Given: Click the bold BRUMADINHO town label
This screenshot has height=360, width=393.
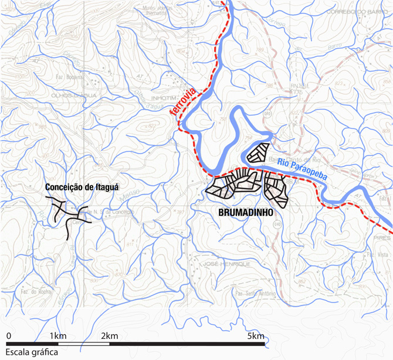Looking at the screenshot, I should (246, 215).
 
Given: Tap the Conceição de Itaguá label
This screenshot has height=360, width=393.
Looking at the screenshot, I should (82, 188).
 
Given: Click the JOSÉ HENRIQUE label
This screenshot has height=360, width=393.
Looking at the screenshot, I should (226, 264).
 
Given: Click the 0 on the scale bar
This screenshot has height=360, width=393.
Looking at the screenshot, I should (9, 335).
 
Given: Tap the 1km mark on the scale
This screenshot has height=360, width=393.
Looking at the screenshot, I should (57, 335).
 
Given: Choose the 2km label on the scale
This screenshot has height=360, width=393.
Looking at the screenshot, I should (110, 335).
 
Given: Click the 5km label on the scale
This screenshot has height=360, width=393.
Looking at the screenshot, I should (256, 335).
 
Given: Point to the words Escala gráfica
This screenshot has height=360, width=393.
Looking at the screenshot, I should (29, 352).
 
